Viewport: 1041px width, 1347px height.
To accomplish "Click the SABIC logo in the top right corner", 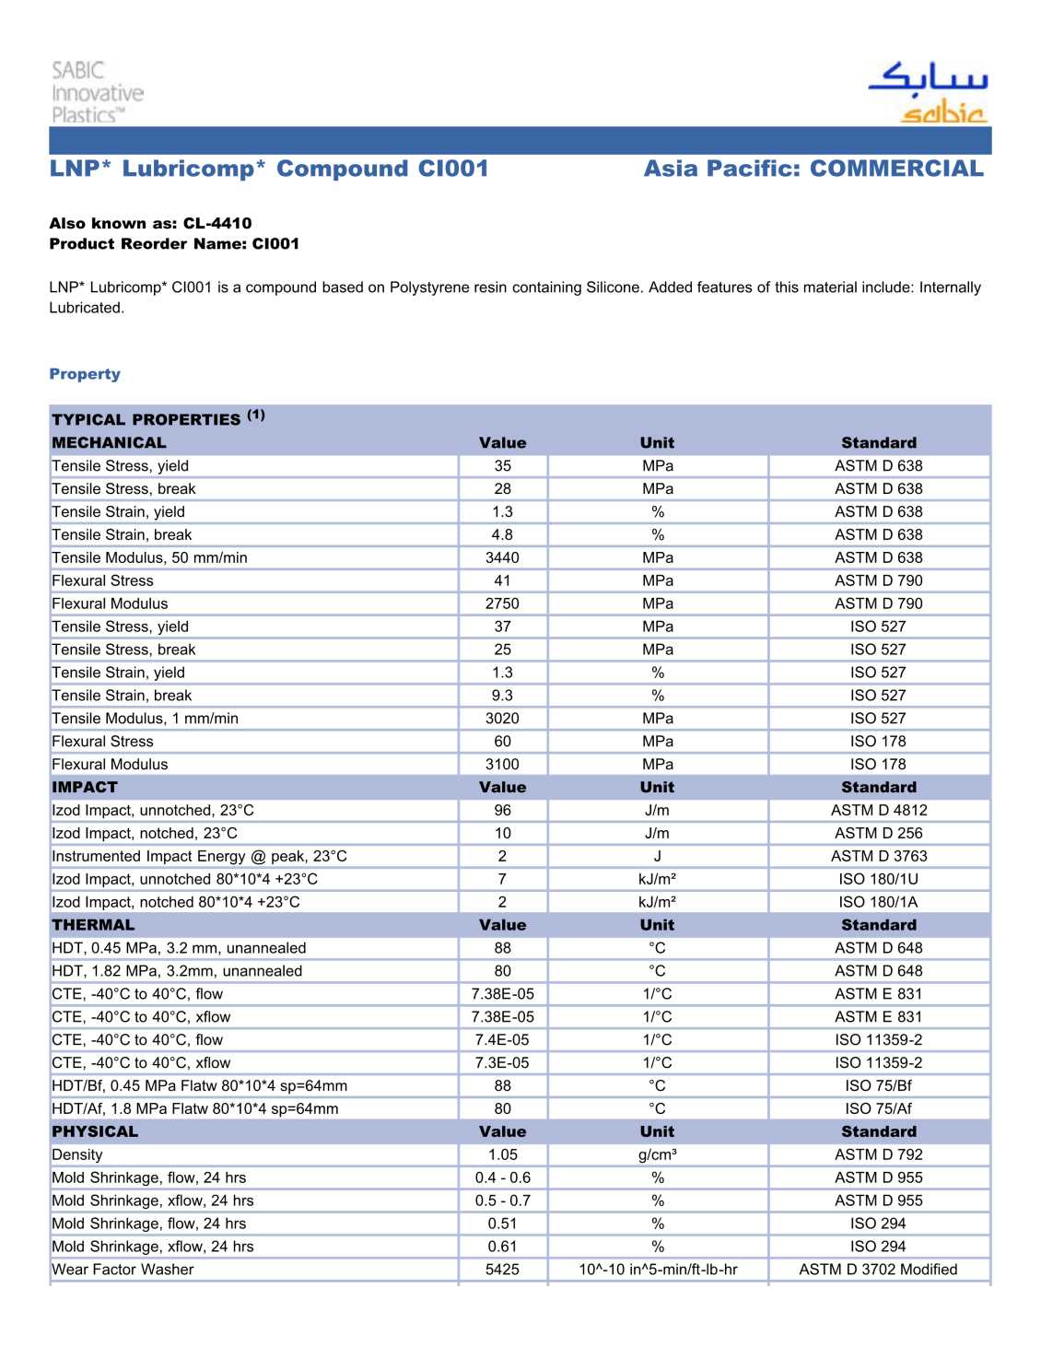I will pos(928,93).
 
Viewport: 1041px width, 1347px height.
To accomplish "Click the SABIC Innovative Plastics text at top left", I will pos(97,92).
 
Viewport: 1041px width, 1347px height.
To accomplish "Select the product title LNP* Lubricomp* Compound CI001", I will pos(269,169).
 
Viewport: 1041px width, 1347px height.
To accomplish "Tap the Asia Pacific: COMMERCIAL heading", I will pos(813,169).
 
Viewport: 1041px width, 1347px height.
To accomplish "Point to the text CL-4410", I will pos(217,223).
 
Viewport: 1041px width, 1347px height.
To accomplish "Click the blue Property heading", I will pos(85,374).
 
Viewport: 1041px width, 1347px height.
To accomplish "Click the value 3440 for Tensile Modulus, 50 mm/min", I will pos(502,557).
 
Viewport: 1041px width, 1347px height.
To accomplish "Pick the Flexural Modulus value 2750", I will pos(502,603).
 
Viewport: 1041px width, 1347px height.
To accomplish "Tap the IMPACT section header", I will pos(85,787).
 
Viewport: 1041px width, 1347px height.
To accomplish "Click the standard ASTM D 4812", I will pos(879,810).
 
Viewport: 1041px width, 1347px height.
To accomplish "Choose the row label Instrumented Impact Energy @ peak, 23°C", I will pos(199,856).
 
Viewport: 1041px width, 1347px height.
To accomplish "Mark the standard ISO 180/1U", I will pos(879,879).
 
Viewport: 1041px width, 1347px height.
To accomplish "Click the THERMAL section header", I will pos(93,925).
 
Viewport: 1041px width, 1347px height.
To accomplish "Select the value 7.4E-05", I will pos(502,1039).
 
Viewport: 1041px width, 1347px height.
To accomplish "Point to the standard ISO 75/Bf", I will pos(879,1085).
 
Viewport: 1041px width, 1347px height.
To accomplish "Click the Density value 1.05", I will pos(502,1154).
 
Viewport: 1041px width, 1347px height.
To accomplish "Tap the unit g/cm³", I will pos(658,1154).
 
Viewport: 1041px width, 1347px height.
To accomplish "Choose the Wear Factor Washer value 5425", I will pos(502,1270).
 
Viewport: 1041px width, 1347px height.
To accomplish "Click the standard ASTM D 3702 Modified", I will pos(879,1270).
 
